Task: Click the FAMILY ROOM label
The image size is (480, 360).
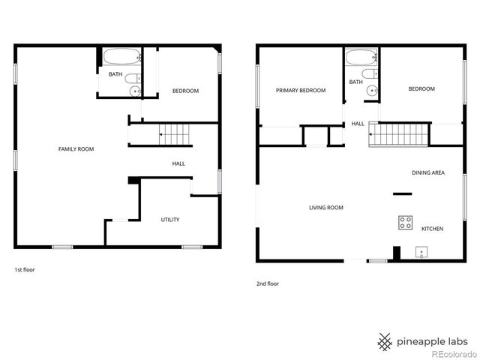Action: point(76,149)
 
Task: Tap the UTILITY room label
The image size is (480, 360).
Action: point(169,220)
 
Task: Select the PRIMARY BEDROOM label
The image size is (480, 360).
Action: point(301,91)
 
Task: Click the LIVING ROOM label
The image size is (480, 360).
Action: point(326,208)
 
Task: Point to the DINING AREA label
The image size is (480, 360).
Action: point(428,173)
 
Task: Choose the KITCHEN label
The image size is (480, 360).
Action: point(433,229)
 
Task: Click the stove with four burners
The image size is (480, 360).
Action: point(405,222)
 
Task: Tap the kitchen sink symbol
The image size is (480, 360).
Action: point(422,252)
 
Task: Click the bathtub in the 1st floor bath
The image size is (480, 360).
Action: point(121,57)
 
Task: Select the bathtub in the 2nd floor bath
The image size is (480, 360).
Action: point(361,57)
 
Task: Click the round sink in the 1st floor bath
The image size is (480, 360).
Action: point(136,91)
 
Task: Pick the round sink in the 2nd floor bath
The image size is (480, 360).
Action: point(373,90)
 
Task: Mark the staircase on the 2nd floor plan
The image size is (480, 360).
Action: point(400,136)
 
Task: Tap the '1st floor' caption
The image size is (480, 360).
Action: point(25,269)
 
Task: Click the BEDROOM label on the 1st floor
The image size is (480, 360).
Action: point(185,91)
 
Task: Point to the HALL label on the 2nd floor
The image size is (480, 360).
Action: point(358,124)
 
